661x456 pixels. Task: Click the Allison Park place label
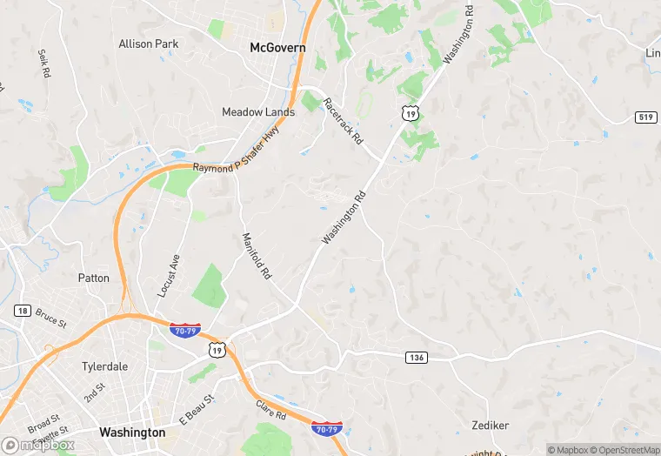click(148, 44)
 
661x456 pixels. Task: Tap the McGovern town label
click(277, 48)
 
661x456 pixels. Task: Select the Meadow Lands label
click(258, 112)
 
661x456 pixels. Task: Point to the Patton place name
click(94, 278)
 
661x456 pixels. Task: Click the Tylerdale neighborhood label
click(104, 366)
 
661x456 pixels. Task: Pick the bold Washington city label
click(132, 433)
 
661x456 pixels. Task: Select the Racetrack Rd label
click(343, 121)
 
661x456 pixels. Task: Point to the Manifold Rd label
click(257, 255)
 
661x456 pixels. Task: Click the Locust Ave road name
click(169, 276)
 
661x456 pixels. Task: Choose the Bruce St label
click(51, 316)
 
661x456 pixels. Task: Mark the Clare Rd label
click(271, 409)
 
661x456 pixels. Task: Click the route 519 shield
click(645, 117)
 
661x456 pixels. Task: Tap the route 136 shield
click(416, 358)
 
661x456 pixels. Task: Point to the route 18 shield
click(23, 311)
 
